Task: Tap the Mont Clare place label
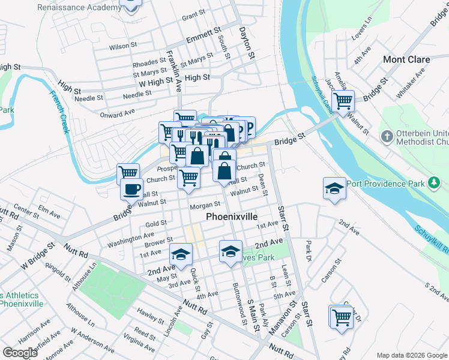coord(406,59)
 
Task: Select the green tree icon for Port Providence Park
coord(433,182)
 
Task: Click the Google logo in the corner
coord(20,352)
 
